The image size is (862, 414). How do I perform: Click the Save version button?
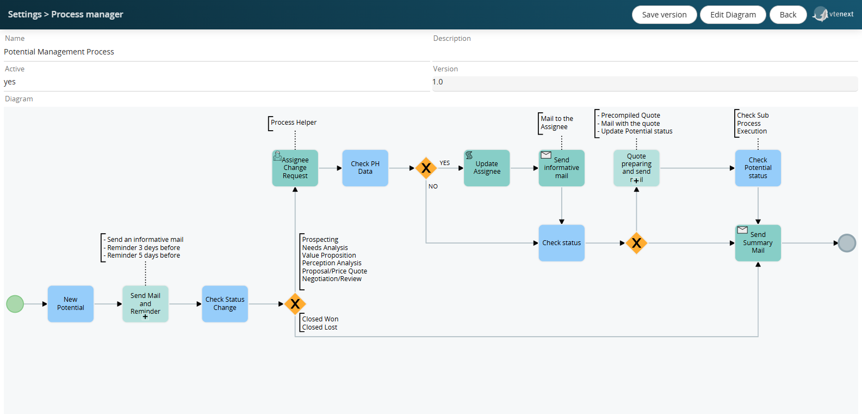664,15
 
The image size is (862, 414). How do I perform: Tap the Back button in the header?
787,15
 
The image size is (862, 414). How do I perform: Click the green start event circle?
15,304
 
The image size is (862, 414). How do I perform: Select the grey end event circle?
847,243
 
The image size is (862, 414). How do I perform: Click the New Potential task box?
70,304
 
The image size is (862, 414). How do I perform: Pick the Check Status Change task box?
225,304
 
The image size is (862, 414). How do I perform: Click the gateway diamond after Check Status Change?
295,304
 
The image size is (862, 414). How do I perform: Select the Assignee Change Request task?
295,168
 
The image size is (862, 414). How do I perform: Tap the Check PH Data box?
365,168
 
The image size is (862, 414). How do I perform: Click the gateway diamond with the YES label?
426,168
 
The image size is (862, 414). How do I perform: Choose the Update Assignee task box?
487,168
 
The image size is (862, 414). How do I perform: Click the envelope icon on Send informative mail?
546,155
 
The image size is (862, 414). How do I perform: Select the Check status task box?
561,243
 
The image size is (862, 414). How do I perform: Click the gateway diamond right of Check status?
636,243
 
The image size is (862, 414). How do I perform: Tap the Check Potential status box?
758,168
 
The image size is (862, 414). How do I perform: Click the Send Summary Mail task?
758,243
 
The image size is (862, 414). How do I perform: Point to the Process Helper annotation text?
294,123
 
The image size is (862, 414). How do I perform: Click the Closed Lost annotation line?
319,327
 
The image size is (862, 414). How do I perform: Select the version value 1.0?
438,82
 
